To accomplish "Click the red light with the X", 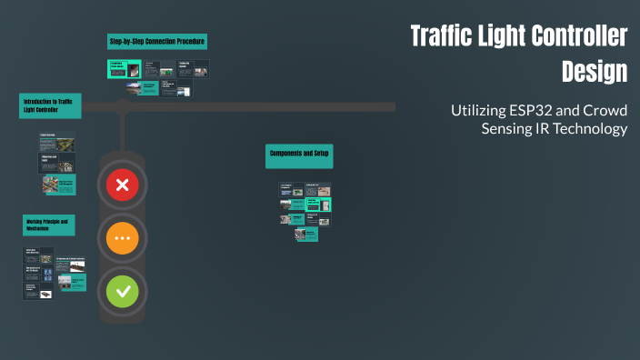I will tap(124, 186).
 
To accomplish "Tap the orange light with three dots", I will tap(124, 239).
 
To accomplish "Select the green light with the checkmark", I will tap(124, 292).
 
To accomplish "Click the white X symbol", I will tap(124, 186).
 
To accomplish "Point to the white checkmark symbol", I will tap(124, 292).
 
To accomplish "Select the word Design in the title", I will tap(595, 70).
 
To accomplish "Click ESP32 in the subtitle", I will tap(537, 110).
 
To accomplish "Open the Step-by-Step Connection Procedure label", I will tap(157, 42).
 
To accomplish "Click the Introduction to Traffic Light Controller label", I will tap(51, 105).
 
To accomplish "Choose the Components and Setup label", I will tap(299, 155).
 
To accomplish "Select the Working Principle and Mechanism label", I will tap(49, 225).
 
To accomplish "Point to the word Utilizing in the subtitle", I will tap(477, 110).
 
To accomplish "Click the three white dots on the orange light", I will tap(124, 239).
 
